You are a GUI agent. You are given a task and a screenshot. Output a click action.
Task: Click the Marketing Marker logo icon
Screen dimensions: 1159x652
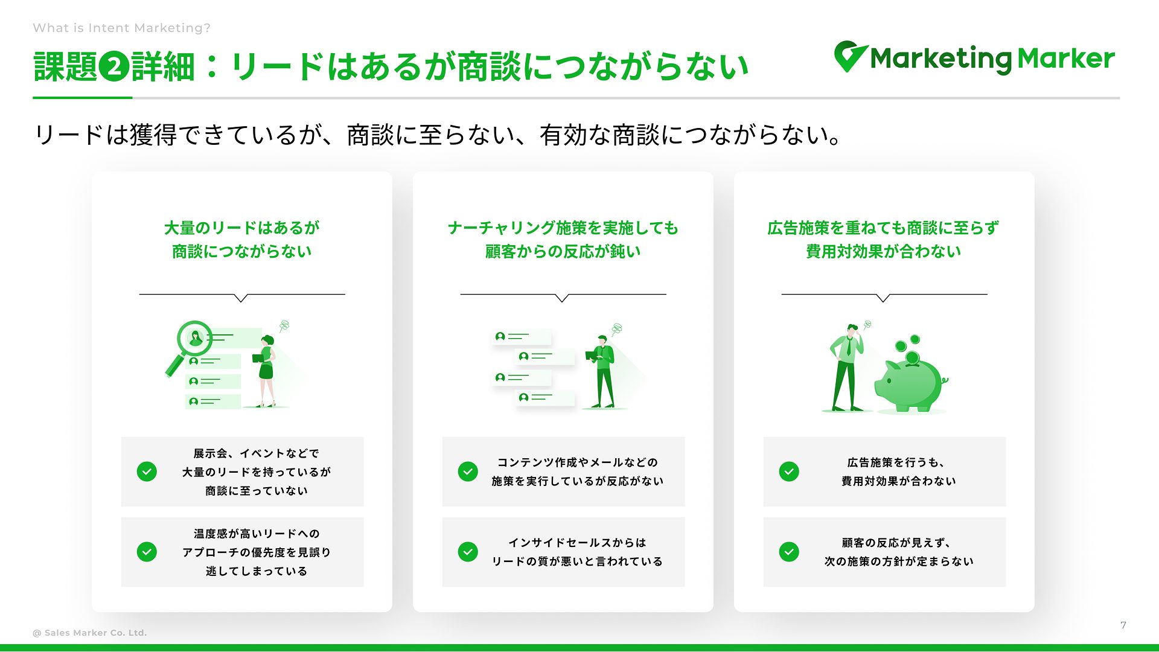(851, 56)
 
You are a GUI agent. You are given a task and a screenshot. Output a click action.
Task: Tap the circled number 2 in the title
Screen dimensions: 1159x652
(114, 66)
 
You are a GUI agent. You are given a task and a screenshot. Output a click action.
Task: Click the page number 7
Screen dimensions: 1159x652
(1123, 625)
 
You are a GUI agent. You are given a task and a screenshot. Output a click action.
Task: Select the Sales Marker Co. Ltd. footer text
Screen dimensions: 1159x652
(90, 633)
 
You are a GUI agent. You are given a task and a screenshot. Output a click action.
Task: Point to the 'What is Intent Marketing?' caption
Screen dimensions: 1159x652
(122, 28)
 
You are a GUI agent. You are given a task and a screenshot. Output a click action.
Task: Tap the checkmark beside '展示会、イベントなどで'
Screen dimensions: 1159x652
(147, 471)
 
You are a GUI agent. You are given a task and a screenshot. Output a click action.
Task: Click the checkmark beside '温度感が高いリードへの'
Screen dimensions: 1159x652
(147, 552)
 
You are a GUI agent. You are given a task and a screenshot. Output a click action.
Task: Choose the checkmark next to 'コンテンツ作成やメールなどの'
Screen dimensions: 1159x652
(468, 471)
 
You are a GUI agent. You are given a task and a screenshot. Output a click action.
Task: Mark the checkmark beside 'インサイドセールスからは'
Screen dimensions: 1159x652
(468, 552)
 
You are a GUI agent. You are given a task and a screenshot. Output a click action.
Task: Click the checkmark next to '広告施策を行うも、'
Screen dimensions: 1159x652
(789, 471)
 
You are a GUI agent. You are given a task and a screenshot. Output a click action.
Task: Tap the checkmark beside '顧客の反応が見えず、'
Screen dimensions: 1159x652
(789, 552)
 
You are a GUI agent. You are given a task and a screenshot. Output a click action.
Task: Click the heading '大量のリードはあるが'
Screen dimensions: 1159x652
(242, 228)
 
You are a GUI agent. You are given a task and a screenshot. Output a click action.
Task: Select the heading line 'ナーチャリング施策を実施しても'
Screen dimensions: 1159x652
(563, 228)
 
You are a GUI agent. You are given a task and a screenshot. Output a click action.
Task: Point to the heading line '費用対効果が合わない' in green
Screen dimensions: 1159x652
(884, 252)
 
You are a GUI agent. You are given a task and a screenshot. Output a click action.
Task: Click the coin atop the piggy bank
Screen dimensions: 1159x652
(912, 359)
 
